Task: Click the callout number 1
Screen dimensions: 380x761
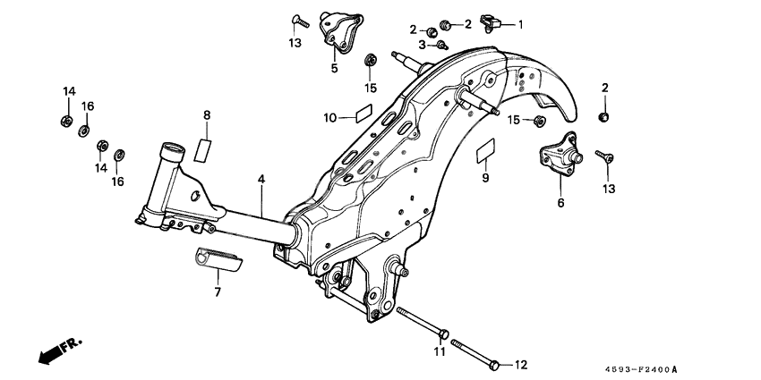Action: (x=520, y=25)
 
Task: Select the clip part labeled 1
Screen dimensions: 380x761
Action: (x=490, y=20)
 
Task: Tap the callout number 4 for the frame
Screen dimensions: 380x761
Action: (x=261, y=181)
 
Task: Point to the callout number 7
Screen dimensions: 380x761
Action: (x=216, y=291)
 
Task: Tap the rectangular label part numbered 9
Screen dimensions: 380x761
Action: (x=485, y=149)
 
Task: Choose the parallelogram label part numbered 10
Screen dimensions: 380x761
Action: (x=361, y=115)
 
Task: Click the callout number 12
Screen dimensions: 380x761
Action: (x=521, y=364)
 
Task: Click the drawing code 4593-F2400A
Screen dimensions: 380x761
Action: (x=640, y=368)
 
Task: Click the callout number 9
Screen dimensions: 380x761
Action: (x=484, y=179)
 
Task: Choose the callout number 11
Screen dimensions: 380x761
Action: (x=440, y=350)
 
